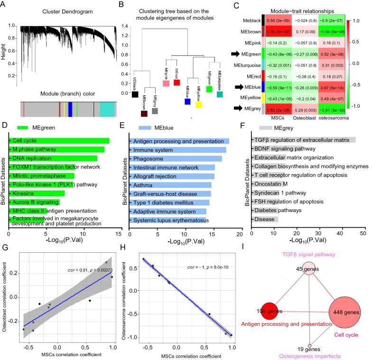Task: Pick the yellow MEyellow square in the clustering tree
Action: (199, 104)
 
